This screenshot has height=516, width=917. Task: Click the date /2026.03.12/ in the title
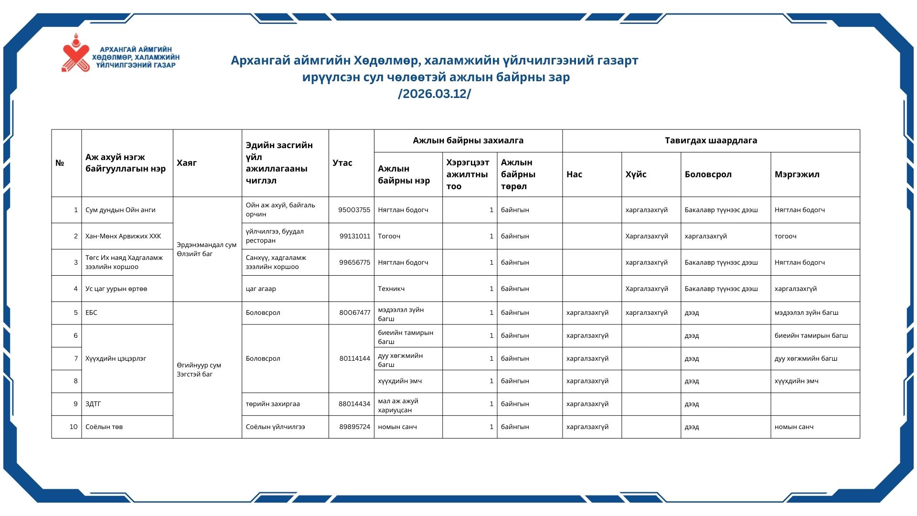click(434, 94)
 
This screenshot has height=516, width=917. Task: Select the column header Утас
click(342, 163)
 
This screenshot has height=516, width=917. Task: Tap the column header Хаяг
click(187, 163)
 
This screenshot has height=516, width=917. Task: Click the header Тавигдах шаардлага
click(711, 140)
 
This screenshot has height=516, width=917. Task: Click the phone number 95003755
click(354, 210)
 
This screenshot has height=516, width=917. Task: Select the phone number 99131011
click(354, 236)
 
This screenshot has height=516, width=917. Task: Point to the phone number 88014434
click(354, 404)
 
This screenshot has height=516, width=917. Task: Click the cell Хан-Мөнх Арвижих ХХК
click(123, 236)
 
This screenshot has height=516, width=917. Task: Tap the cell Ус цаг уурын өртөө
click(116, 289)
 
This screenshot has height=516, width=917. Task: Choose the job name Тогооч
click(389, 236)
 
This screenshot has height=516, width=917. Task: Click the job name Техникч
click(391, 289)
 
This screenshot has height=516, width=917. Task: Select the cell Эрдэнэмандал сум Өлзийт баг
click(206, 249)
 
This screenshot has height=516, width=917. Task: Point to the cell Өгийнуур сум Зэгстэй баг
click(199, 369)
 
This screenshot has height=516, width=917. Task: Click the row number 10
click(73, 427)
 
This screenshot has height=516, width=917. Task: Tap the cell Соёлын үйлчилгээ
click(275, 427)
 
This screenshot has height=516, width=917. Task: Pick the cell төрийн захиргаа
click(273, 404)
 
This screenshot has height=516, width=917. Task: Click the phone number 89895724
click(354, 427)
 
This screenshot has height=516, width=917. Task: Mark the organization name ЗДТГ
click(93, 404)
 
